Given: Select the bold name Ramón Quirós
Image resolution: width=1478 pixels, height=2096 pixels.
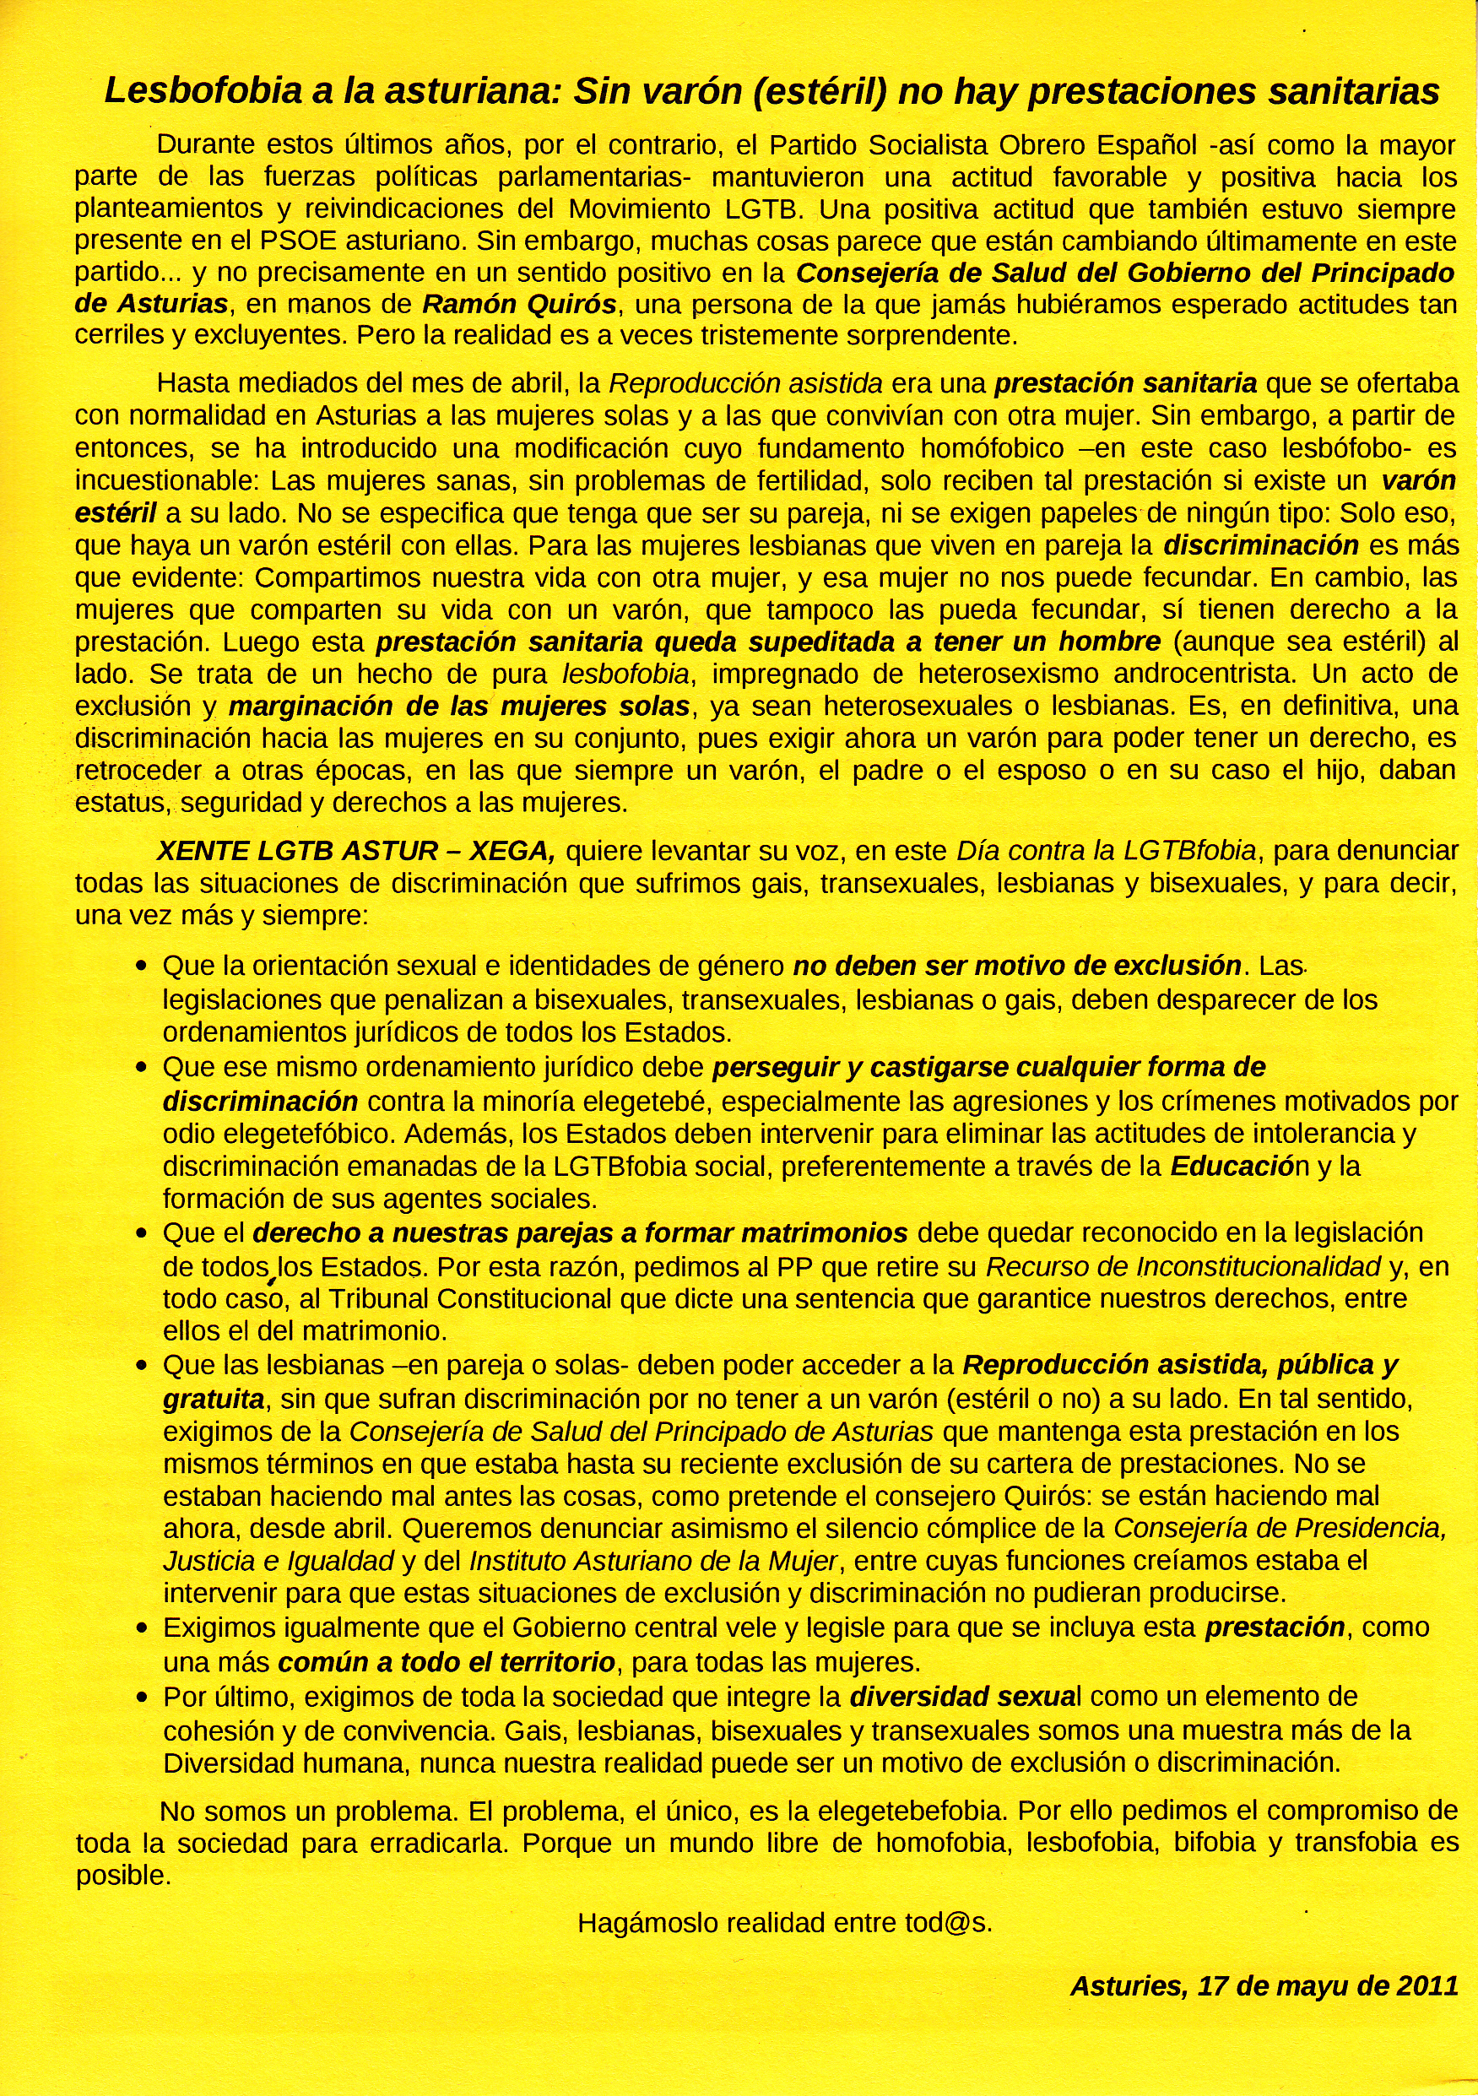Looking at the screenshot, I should [519, 304].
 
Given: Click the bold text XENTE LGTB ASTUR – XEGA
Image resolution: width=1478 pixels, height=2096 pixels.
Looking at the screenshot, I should [356, 851].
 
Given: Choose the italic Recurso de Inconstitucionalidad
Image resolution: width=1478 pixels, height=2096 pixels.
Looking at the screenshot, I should [1183, 1267].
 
